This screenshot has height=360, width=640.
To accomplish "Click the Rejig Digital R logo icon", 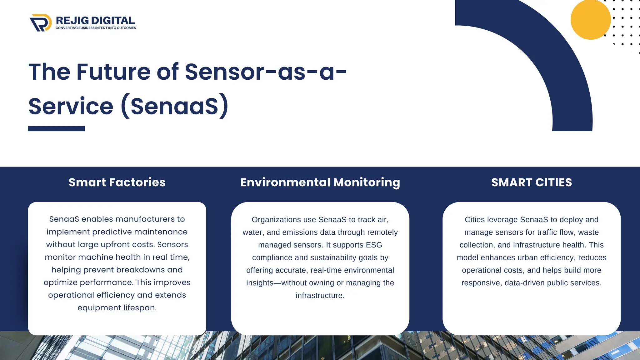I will coord(41,23).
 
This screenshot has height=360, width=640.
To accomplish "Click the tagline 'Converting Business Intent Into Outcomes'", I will coord(96,28).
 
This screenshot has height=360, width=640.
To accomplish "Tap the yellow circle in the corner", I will coord(590,20).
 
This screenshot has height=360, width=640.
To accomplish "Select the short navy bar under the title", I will coord(56,128).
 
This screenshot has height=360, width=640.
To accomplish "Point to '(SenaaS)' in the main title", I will coord(175,106).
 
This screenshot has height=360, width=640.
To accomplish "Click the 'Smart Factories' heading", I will coord(117,182).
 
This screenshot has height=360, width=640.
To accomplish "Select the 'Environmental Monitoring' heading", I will coord(320,182).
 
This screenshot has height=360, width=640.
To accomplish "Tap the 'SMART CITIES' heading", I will coord(531,182).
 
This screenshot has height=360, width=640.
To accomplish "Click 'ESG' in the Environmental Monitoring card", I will coord(374,245).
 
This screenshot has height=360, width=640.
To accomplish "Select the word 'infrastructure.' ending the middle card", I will coord(320,296).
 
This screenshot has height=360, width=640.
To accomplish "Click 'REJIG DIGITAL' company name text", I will coord(95,21).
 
